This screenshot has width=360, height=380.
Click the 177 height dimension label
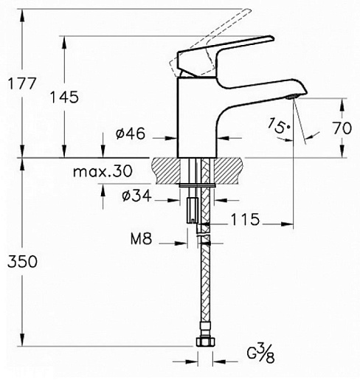click(22, 83)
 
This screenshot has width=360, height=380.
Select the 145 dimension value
click(64, 97)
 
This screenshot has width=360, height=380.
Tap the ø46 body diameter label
click(131, 134)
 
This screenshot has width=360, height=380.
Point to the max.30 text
click(103, 171)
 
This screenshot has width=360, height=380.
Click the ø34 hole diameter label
click(136, 196)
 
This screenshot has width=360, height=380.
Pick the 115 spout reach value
click(245, 219)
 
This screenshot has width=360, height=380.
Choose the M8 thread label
click(141, 238)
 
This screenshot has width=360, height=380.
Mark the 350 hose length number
click(22, 261)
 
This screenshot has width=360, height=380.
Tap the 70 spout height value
click(342, 128)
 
